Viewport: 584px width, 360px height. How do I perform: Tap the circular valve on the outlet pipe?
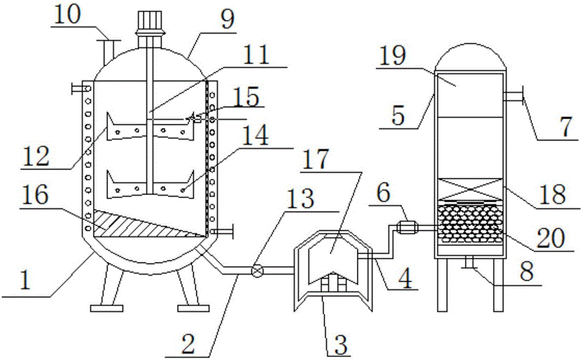pyautogui.click(x=255, y=271)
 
